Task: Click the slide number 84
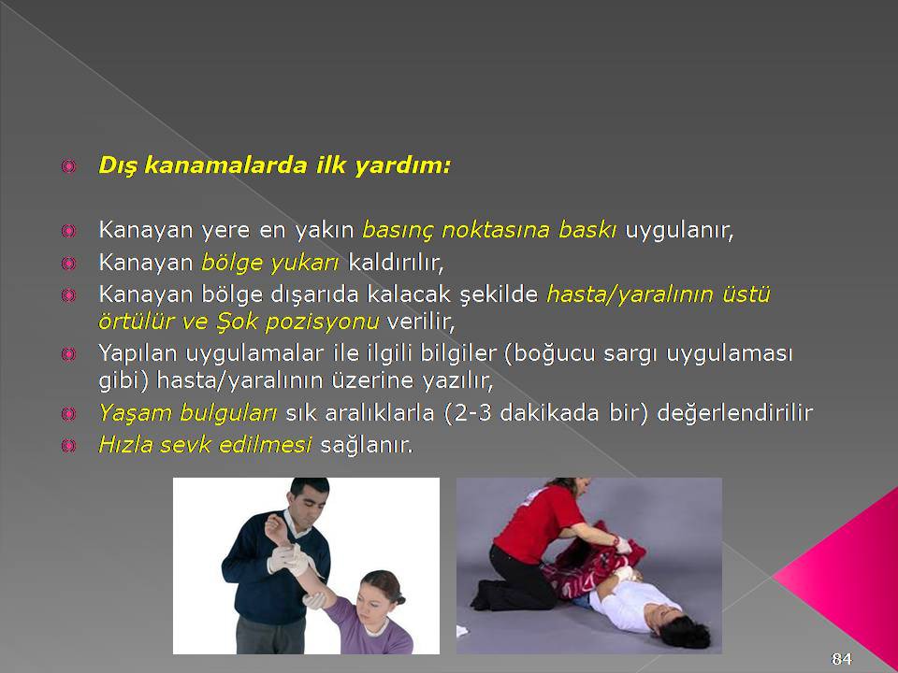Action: pos(841,659)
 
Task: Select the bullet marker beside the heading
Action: pos(68,166)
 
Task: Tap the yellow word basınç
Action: pos(398,230)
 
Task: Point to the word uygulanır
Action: pos(679,230)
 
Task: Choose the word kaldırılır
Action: pos(396,262)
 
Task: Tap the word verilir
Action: pos(421,322)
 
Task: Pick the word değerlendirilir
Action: pos(735,412)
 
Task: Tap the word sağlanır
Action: pos(367,445)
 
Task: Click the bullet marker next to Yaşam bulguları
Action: pos(68,413)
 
